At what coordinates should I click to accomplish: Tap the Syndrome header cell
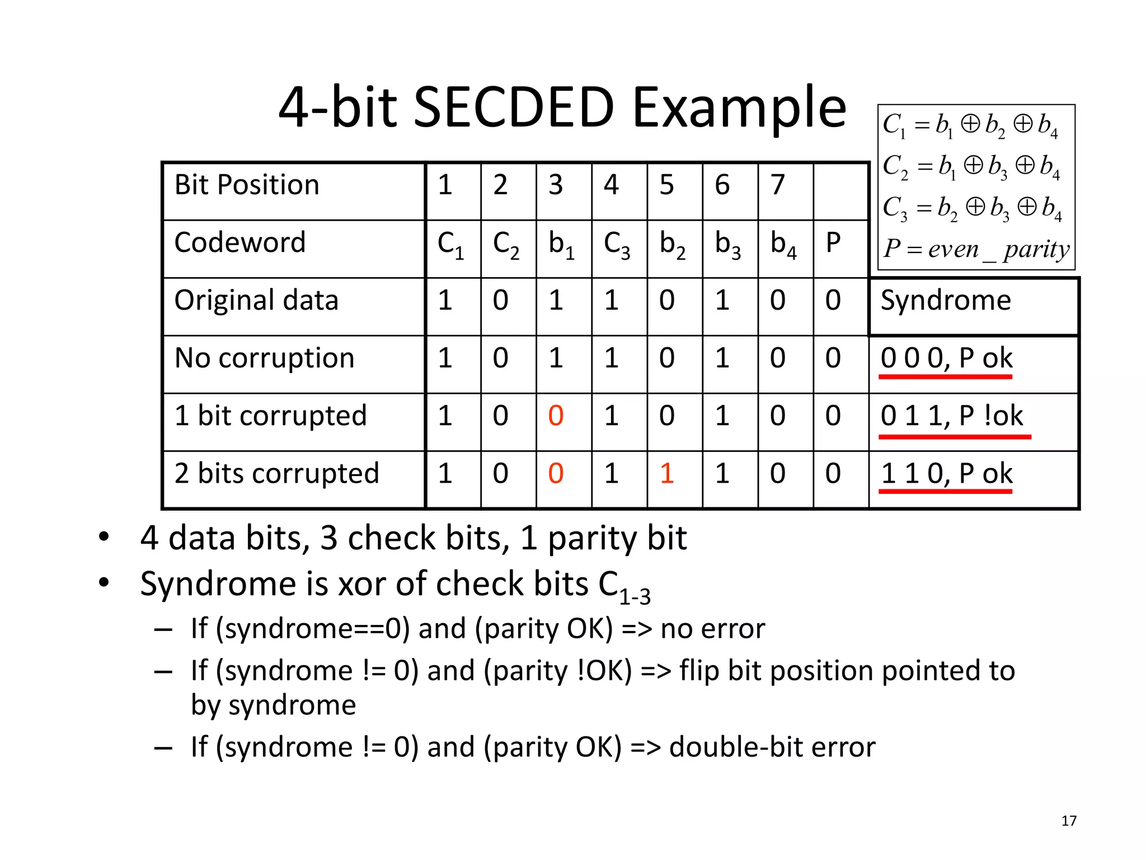pos(946,301)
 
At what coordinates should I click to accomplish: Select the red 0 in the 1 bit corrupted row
pos(556,416)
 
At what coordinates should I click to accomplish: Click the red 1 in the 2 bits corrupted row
pos(666,474)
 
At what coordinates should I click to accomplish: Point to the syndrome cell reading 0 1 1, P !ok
pos(951,416)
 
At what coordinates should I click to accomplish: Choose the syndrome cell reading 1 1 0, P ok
pos(946,474)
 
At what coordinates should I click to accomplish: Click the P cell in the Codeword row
pos(833,243)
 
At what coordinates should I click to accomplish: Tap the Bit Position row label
pos(247,185)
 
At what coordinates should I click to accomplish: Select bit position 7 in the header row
pos(777,185)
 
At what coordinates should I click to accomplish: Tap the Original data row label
pos(256,301)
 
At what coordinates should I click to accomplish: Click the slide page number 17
pos(1069,821)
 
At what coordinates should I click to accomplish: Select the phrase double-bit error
pos(772,747)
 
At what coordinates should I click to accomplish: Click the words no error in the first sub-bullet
pos(712,629)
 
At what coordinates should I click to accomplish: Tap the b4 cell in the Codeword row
pos(783,245)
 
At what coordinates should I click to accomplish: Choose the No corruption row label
pos(264,358)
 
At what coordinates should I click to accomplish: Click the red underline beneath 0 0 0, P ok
pos(945,377)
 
